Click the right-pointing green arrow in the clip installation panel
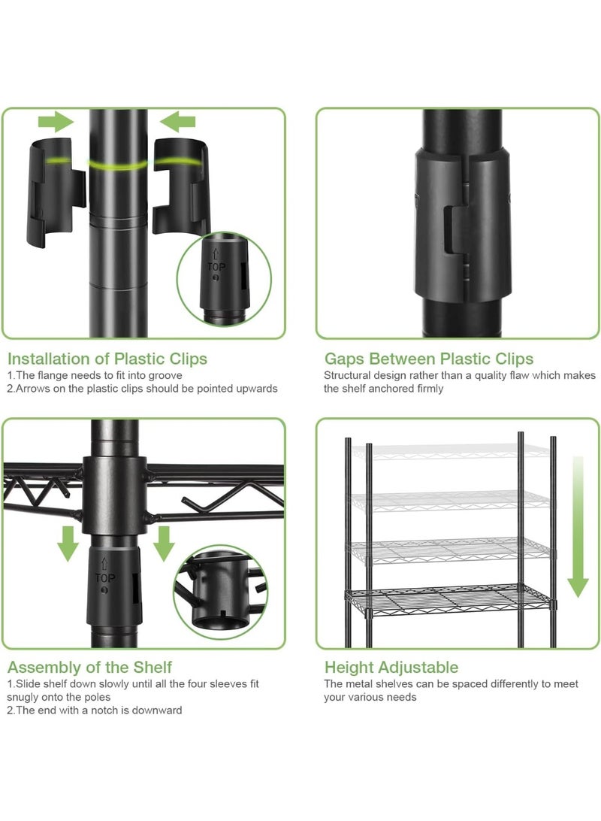56,122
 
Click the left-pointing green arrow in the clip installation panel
178,122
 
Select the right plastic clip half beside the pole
180,187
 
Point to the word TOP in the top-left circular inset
216,267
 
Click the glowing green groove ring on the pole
118,165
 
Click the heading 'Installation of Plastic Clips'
107,359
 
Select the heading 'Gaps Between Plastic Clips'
429,359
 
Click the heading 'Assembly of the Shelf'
89,667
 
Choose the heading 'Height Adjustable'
391,667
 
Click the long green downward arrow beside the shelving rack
578,526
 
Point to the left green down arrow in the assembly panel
68,544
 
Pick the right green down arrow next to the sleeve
164,544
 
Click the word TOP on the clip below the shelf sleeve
104,578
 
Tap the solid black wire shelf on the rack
448,599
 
